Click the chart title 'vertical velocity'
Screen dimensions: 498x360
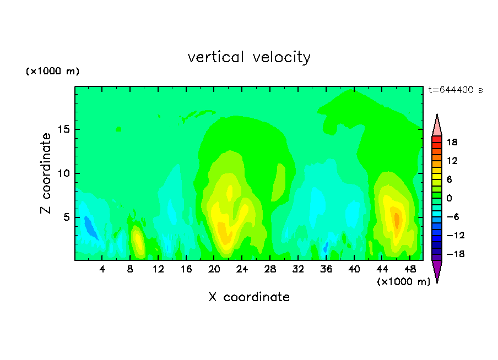[x=249, y=57]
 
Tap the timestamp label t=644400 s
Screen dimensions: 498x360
[x=456, y=90]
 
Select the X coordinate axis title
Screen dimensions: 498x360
[x=249, y=297]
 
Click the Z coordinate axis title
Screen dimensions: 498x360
[x=46, y=173]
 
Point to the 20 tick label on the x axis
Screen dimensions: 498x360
[x=214, y=269]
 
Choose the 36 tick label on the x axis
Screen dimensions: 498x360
[x=326, y=269]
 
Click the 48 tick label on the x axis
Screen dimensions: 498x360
[x=410, y=269]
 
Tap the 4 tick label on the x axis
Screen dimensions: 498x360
[x=102, y=269]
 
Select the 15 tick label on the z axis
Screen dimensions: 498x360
[x=63, y=129]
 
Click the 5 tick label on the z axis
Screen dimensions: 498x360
[x=66, y=217]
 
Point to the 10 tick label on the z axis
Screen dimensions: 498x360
[x=63, y=173]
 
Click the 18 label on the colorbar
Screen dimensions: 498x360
[x=452, y=142]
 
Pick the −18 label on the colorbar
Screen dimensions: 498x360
[x=455, y=254]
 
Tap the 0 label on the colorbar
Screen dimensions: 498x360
[x=449, y=198]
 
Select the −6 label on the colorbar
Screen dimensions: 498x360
[x=453, y=217]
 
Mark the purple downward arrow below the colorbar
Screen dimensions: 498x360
[x=437, y=270]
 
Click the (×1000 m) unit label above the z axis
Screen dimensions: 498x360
[x=52, y=71]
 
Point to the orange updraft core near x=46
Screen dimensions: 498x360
[x=397, y=220]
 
